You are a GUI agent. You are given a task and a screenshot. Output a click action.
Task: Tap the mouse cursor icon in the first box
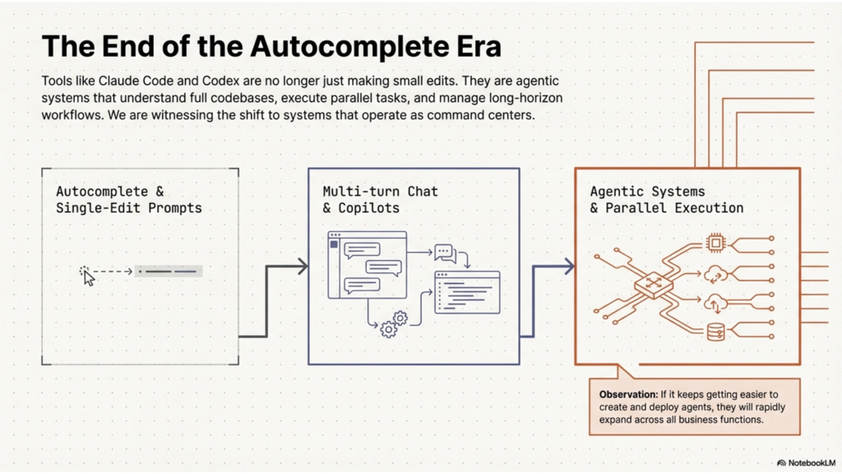coord(88,276)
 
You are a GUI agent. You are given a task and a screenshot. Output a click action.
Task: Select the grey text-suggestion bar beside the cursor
coord(169,271)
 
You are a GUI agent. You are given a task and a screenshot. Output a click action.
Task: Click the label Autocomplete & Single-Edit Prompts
coord(128,199)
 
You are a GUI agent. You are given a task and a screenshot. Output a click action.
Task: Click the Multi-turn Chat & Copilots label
coord(380,199)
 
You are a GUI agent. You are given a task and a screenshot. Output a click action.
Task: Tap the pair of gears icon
coord(394,323)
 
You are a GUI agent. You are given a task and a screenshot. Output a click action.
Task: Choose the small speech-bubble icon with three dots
coord(445,252)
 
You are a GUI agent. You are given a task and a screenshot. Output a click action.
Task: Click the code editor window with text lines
coord(467,291)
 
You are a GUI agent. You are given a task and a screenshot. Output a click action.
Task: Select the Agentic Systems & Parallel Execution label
coord(666,199)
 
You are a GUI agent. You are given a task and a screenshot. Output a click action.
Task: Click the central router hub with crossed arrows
coord(653,285)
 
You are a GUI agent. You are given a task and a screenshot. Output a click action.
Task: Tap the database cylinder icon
coord(715,332)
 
